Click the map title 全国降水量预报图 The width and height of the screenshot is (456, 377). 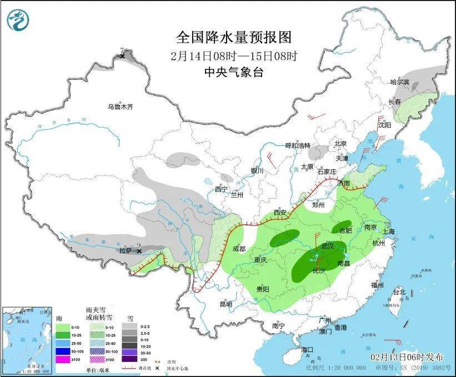233,38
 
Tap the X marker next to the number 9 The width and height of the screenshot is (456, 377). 139,251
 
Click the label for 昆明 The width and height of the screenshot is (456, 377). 225,304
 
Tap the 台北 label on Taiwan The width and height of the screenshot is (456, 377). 399,292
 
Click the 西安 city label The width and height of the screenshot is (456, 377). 280,213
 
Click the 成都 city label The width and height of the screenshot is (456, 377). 239,249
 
